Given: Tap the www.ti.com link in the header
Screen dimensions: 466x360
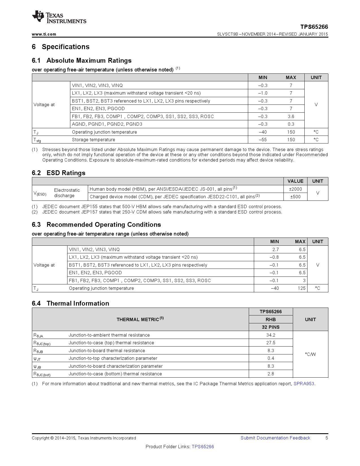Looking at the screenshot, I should point(44,34).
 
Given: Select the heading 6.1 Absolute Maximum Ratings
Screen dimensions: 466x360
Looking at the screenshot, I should point(82,60).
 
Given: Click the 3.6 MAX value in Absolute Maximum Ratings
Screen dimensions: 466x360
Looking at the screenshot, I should point(291,116).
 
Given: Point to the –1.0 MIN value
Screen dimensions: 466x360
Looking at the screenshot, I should point(263,93).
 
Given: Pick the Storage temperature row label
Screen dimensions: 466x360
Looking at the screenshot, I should point(93,140).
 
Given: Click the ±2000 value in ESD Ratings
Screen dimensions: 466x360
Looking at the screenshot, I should point(295,189).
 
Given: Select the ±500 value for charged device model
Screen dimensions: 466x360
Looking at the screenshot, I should point(295,197).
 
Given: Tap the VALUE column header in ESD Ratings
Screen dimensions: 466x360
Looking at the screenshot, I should point(295,181).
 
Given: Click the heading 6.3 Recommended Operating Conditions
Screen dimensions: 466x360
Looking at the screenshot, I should point(96,225).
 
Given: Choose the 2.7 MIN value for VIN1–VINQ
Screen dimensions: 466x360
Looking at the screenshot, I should point(276,249).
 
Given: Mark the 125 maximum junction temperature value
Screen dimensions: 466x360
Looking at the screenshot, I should point(302,288).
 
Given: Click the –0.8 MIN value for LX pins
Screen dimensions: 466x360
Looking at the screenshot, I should point(274,257).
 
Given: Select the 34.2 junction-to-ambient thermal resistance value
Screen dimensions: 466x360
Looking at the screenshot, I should point(270,335).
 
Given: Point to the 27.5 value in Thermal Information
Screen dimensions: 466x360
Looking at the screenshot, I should point(270,343).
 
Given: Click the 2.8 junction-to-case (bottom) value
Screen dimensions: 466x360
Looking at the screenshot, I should point(270,374).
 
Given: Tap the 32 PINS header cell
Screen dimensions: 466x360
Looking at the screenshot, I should point(270,327).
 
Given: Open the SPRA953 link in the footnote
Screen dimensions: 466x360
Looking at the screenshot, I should point(304,384).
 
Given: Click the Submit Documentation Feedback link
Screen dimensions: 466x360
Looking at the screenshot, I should point(275,438).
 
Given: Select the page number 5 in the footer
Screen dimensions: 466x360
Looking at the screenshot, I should point(327,438).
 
